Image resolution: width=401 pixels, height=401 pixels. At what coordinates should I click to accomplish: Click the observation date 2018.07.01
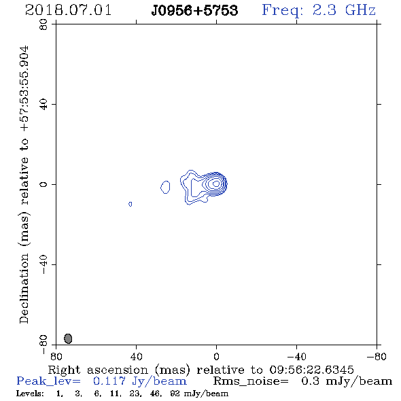[68, 10]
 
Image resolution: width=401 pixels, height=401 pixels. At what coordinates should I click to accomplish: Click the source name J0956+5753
[194, 11]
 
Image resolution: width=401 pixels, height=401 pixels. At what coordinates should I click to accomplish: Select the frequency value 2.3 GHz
[344, 10]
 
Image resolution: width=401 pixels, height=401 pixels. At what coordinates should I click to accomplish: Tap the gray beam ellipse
[68, 338]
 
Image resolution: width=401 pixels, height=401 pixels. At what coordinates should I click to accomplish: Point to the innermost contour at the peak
[216, 184]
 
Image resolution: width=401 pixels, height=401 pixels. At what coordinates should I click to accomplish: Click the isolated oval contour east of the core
[165, 187]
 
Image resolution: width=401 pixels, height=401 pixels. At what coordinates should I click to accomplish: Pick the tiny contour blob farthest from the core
[130, 204]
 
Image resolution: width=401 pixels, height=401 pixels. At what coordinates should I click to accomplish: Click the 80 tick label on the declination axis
[43, 24]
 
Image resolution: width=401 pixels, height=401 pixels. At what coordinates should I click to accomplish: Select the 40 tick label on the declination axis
[43, 105]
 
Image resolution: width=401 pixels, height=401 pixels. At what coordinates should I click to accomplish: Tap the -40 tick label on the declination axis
[43, 264]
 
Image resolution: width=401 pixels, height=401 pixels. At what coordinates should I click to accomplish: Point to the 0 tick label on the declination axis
[43, 184]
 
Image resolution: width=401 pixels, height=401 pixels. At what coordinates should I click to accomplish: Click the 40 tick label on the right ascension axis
[136, 356]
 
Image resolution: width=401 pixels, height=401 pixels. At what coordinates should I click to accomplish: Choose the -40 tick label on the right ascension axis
[296, 356]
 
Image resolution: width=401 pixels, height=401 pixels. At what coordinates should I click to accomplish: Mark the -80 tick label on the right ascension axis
[377, 356]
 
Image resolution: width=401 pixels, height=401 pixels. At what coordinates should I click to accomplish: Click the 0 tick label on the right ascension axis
[216, 356]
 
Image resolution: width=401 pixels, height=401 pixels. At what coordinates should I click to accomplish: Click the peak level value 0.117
[109, 381]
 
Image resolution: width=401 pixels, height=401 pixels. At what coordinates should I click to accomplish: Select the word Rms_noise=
[251, 381]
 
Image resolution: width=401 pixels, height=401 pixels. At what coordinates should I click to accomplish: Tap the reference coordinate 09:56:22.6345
[311, 370]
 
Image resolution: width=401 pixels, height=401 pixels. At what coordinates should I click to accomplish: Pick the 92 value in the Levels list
[175, 394]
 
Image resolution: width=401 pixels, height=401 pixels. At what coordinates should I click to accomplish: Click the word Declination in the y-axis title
[24, 288]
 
